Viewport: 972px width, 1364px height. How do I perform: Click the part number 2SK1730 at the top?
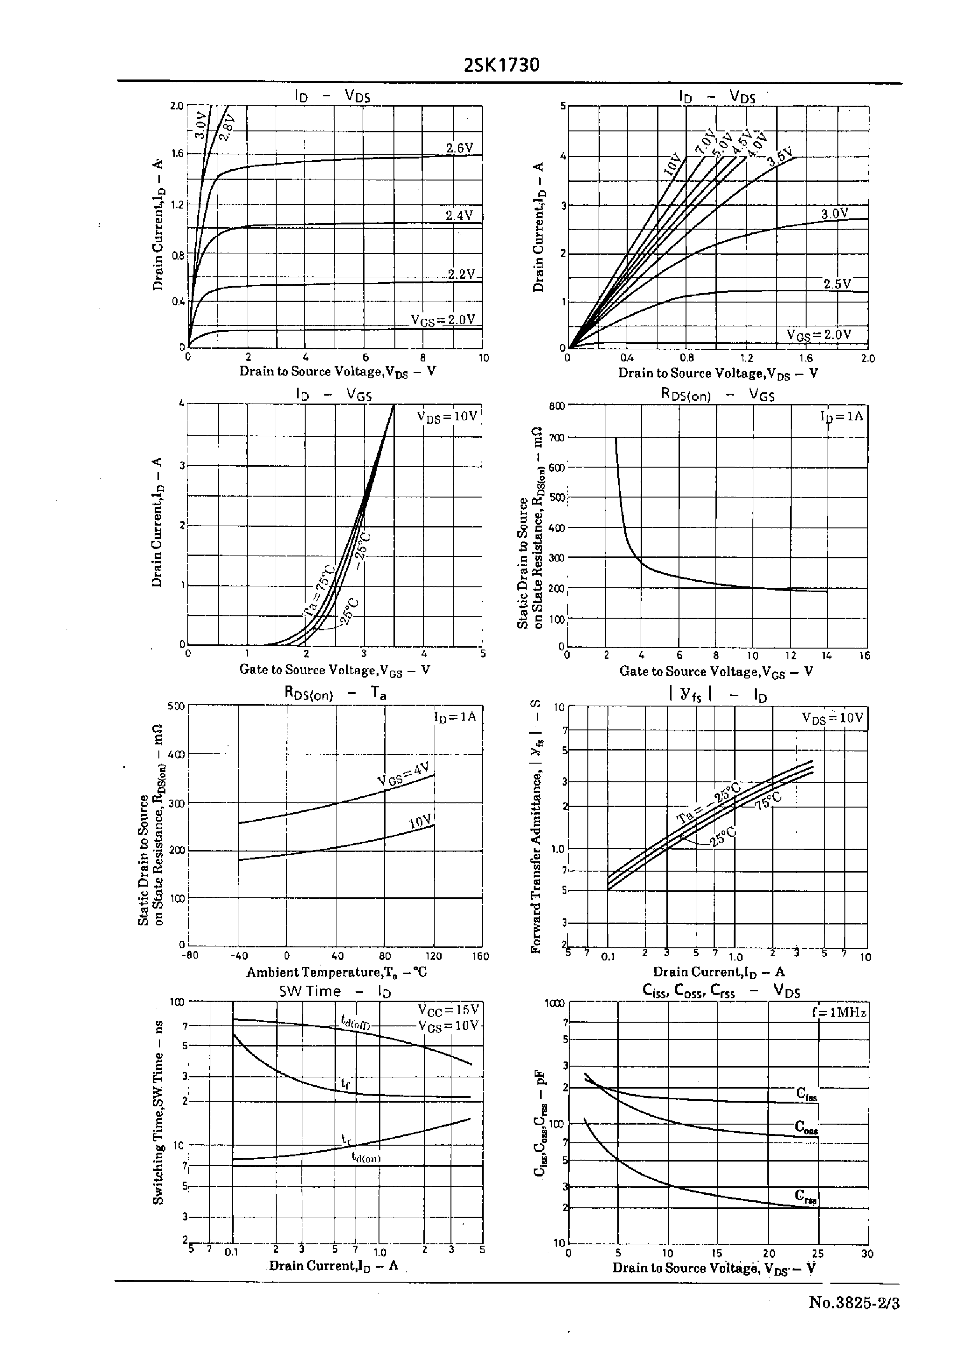click(x=501, y=65)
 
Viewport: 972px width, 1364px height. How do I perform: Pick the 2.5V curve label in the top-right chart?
click(x=837, y=284)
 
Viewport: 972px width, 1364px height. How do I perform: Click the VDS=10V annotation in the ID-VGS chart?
click(x=447, y=416)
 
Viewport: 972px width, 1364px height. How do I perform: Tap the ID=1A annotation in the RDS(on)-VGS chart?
click(x=842, y=416)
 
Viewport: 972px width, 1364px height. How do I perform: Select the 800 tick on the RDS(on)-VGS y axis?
click(x=557, y=406)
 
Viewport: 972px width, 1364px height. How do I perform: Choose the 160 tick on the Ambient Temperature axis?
click(x=480, y=956)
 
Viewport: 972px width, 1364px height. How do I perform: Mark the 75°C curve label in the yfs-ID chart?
click(x=769, y=801)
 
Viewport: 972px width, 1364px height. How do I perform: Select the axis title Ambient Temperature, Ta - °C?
click(x=336, y=972)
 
